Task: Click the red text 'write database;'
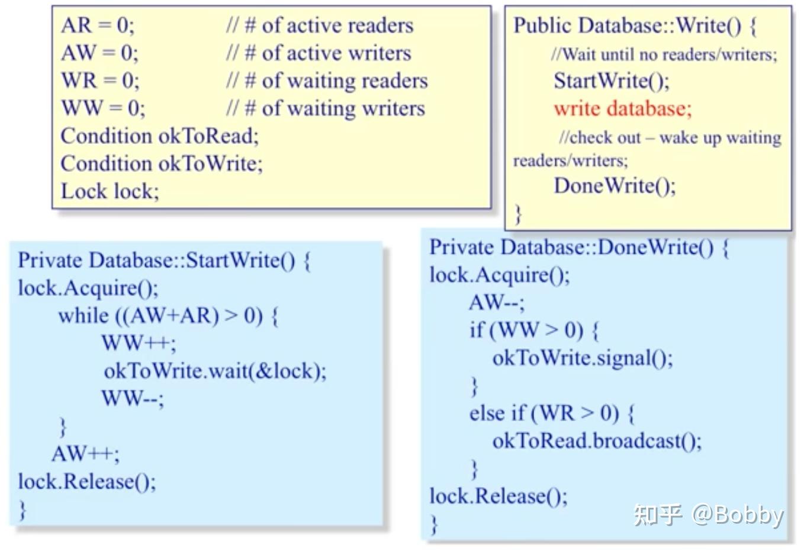point(622,109)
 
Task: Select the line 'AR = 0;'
point(98,25)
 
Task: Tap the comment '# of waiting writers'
point(336,108)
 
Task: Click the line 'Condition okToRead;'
point(160,136)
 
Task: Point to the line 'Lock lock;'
point(110,191)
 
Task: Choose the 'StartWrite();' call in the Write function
point(612,81)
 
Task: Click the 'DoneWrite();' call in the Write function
point(615,186)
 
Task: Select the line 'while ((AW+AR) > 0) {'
point(168,315)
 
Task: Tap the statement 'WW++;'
point(139,343)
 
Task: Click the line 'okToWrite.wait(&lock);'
point(215,371)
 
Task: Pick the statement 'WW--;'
point(133,398)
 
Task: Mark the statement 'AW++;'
point(85,454)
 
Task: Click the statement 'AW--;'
point(497,303)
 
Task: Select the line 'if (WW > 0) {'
point(534,330)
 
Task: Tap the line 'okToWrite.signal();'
point(583,358)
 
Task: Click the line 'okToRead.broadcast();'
point(597,441)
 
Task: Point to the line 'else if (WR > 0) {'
point(552,413)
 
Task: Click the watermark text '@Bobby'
point(737,514)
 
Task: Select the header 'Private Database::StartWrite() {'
point(164,261)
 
